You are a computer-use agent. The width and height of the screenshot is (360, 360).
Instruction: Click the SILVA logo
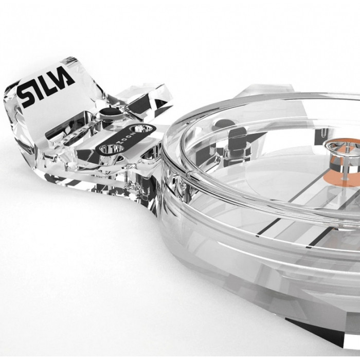[46, 87]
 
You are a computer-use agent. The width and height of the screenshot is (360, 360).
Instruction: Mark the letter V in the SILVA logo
[56, 83]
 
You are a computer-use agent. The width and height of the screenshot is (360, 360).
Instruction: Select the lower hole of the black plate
[110, 149]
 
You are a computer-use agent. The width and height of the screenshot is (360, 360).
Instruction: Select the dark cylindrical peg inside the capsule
[236, 139]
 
